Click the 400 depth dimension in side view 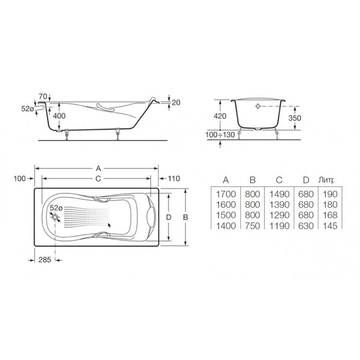pos(59,116)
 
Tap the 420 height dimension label pos(220,116)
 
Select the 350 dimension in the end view pos(295,118)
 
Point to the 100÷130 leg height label pos(220,135)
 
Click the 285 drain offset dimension pos(45,260)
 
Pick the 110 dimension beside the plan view pos(174,178)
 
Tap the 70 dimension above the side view pos(43,96)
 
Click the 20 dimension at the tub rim pos(176,102)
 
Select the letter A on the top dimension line pos(99,169)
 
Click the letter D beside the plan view pos(169,217)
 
